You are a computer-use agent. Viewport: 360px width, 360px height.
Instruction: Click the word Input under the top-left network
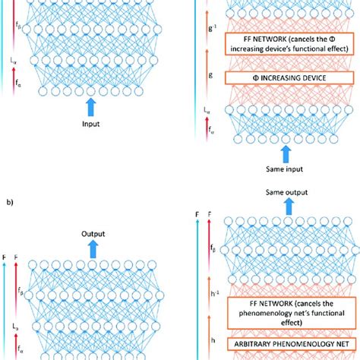click(92, 121)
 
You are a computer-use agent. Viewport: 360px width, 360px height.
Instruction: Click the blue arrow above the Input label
click(92, 103)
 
